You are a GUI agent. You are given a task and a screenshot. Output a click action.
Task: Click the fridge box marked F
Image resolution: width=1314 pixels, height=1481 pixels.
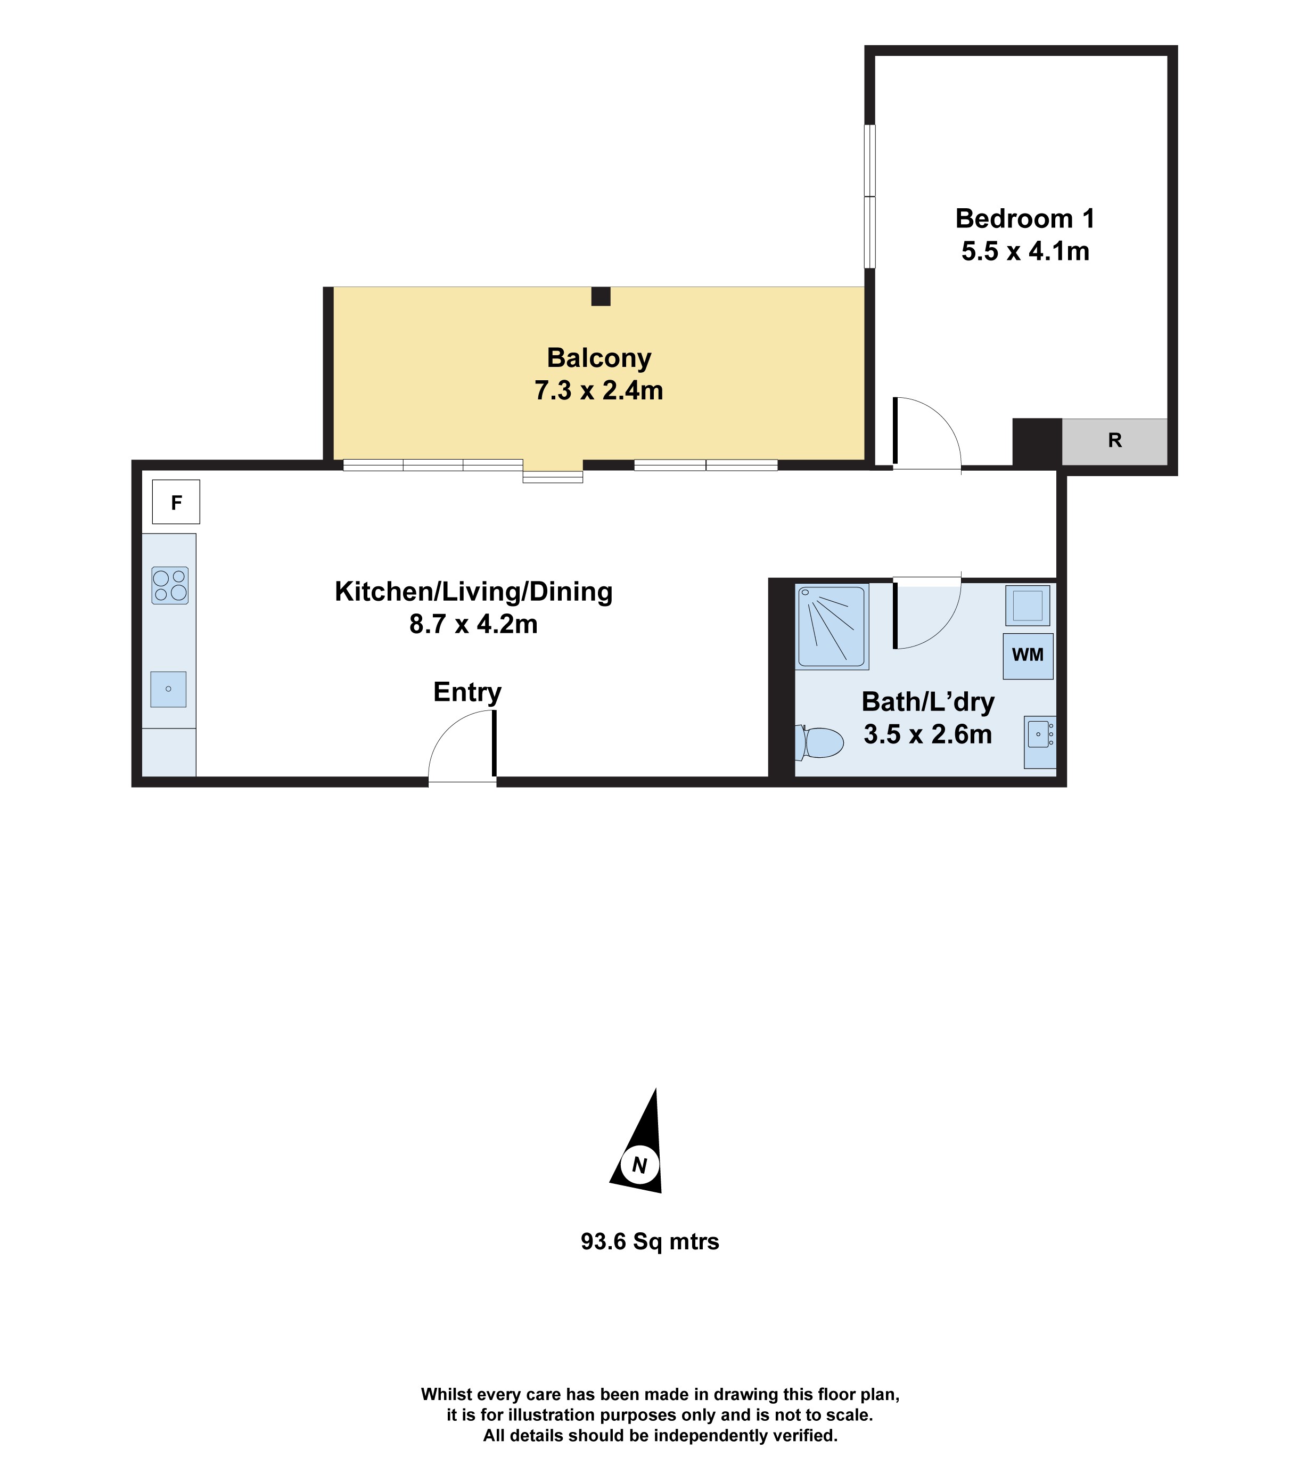[x=176, y=502]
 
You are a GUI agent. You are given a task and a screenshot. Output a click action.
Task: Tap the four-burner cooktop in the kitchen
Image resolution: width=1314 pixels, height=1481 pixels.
[x=169, y=585]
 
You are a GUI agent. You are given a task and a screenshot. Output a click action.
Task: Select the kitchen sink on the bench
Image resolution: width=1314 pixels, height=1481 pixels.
[x=168, y=689]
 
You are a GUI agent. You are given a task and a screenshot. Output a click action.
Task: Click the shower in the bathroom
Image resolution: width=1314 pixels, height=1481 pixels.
[x=832, y=627]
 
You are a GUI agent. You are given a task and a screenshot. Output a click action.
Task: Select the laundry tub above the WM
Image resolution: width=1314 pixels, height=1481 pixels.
[x=1027, y=606]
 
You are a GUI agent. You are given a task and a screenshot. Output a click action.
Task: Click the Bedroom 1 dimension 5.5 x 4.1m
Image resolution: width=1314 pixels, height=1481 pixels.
[x=1025, y=251]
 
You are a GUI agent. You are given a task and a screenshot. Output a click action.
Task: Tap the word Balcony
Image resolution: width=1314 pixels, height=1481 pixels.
[x=599, y=358]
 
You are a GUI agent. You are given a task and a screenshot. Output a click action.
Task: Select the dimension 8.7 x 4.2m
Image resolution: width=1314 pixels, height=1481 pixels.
[x=473, y=624]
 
